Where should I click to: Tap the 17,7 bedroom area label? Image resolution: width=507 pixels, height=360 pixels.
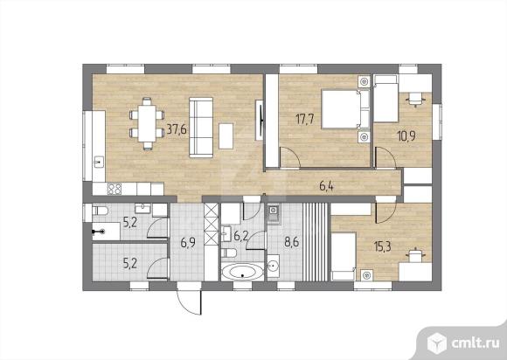pos(304,119)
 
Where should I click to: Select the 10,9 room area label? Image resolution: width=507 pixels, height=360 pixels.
pos(406,135)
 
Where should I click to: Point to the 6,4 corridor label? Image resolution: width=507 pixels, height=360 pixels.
pos(326,186)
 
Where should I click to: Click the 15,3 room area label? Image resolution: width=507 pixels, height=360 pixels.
pos(383,246)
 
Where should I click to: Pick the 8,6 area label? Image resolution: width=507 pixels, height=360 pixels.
pos(291,242)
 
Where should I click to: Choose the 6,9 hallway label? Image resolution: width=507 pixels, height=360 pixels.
pos(188,242)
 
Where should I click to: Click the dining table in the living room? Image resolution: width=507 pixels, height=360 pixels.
pos(147,124)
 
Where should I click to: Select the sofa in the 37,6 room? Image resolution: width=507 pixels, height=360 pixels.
pos(201,128)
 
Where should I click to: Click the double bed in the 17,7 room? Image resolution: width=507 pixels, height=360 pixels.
pos(345,109)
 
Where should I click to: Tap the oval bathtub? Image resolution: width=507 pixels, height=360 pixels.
pos(242,272)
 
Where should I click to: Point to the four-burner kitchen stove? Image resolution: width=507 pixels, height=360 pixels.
pos(115,189)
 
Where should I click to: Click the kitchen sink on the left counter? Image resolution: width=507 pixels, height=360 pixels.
pos(99,162)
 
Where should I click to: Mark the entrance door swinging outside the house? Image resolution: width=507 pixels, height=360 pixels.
pos(190,301)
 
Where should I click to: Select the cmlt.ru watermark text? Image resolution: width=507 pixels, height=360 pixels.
pos(475,343)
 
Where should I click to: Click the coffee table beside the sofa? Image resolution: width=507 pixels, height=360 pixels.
pos(226,136)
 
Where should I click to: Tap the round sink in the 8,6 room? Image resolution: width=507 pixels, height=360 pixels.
pos(274,266)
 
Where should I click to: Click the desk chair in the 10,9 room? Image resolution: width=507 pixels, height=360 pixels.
pos(415,99)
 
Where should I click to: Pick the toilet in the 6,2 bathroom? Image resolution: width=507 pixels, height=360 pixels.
pos(229,253)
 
